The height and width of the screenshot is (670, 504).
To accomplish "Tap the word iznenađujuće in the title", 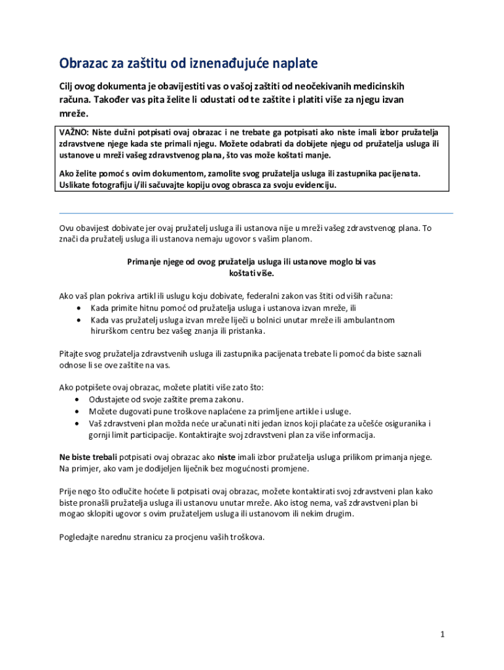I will [238, 63].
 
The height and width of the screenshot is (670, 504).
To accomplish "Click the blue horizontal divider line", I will [256, 213].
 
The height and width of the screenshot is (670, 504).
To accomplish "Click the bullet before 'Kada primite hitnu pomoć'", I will [79, 308].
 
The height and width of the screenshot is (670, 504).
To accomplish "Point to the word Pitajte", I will [73, 353].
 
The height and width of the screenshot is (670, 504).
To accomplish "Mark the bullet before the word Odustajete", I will [79, 399].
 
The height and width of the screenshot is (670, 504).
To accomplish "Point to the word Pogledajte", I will [82, 537].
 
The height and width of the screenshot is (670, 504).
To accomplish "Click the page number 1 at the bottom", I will [442, 635].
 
